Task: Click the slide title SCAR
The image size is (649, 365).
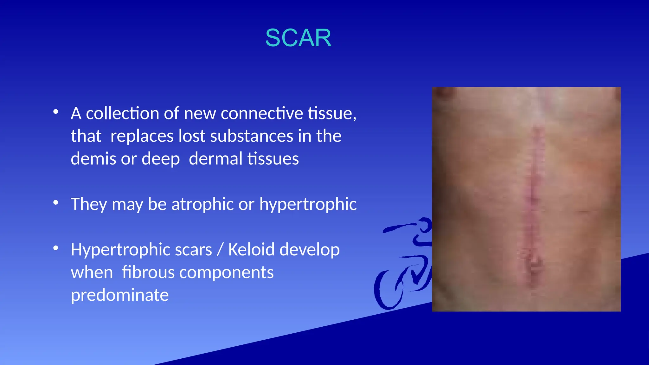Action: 298,38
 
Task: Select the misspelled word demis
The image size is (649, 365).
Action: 93,159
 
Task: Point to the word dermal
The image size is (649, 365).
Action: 215,159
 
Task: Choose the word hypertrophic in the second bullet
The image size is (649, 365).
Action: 308,204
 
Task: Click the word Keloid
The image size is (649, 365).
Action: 251,250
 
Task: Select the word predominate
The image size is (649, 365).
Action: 119,295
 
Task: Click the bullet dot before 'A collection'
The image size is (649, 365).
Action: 56,112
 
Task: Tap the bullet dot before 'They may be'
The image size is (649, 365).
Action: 56,203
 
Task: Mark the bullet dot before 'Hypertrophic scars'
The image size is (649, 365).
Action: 56,248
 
